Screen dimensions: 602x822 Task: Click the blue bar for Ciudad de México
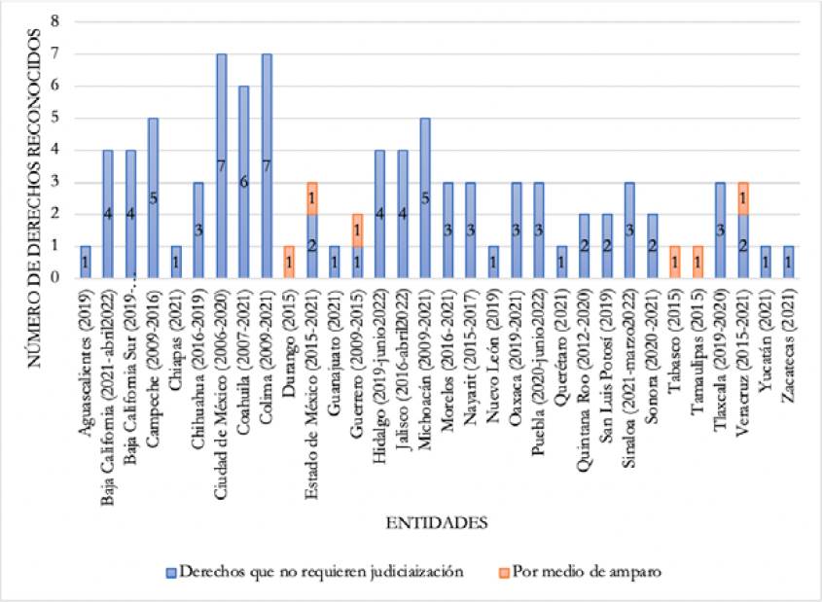(221, 165)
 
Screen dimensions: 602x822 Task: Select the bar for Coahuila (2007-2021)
(243, 182)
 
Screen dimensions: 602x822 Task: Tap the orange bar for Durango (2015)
(288, 262)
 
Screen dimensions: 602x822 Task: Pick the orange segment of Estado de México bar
(310, 197)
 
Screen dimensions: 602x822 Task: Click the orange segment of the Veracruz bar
(743, 197)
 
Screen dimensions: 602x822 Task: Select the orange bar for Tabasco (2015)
(675, 262)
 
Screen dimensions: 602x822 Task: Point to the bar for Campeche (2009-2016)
(153, 197)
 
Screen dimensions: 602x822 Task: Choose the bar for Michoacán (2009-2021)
(424, 197)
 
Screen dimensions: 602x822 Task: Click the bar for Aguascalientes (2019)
(85, 262)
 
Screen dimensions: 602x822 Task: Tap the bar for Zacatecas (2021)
(788, 262)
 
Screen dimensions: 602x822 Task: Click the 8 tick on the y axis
(54, 21)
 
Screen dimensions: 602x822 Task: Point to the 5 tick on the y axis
(54, 118)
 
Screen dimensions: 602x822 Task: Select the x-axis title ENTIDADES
(437, 523)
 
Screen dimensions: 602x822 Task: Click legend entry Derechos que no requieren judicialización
(307, 572)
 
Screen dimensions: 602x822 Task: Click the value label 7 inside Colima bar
(266, 165)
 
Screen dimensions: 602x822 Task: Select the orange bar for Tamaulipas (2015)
(697, 262)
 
